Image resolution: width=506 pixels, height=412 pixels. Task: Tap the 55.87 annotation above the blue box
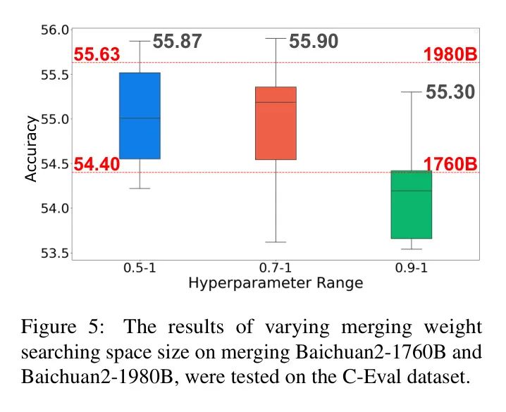coord(178,42)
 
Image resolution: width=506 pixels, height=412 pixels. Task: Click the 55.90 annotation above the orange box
coord(314,42)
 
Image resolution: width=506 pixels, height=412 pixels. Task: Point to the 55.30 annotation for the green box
coord(450,92)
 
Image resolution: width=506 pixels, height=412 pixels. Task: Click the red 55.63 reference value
coord(97,54)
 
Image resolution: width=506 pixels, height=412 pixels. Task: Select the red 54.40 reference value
coord(97,165)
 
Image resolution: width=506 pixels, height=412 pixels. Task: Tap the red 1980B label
coord(450,54)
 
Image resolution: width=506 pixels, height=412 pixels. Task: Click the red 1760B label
coord(450,165)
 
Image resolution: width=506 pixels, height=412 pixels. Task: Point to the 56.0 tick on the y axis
coord(54,30)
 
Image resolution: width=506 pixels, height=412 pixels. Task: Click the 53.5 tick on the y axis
coord(54,254)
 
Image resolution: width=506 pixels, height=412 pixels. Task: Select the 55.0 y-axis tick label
coord(54,119)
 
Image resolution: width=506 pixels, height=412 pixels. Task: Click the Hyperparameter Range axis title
coord(276,284)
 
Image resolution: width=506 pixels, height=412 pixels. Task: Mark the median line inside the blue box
coord(140,118)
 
